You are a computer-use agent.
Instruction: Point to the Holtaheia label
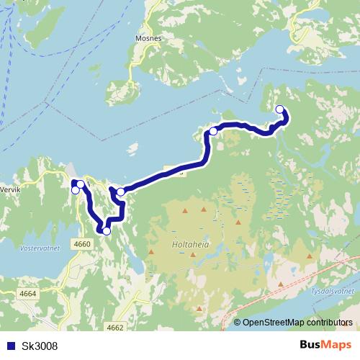tap(190, 244)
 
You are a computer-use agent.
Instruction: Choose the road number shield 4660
tap(82, 244)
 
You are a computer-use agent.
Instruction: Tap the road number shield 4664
tap(28, 294)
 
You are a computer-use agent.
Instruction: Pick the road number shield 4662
tap(115, 328)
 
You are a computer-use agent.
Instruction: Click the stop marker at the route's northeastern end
tap(280, 109)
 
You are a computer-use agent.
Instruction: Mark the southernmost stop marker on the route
tap(107, 231)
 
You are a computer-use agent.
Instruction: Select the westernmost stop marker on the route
tap(76, 190)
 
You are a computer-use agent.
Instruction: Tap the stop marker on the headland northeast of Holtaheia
tap(213, 131)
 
